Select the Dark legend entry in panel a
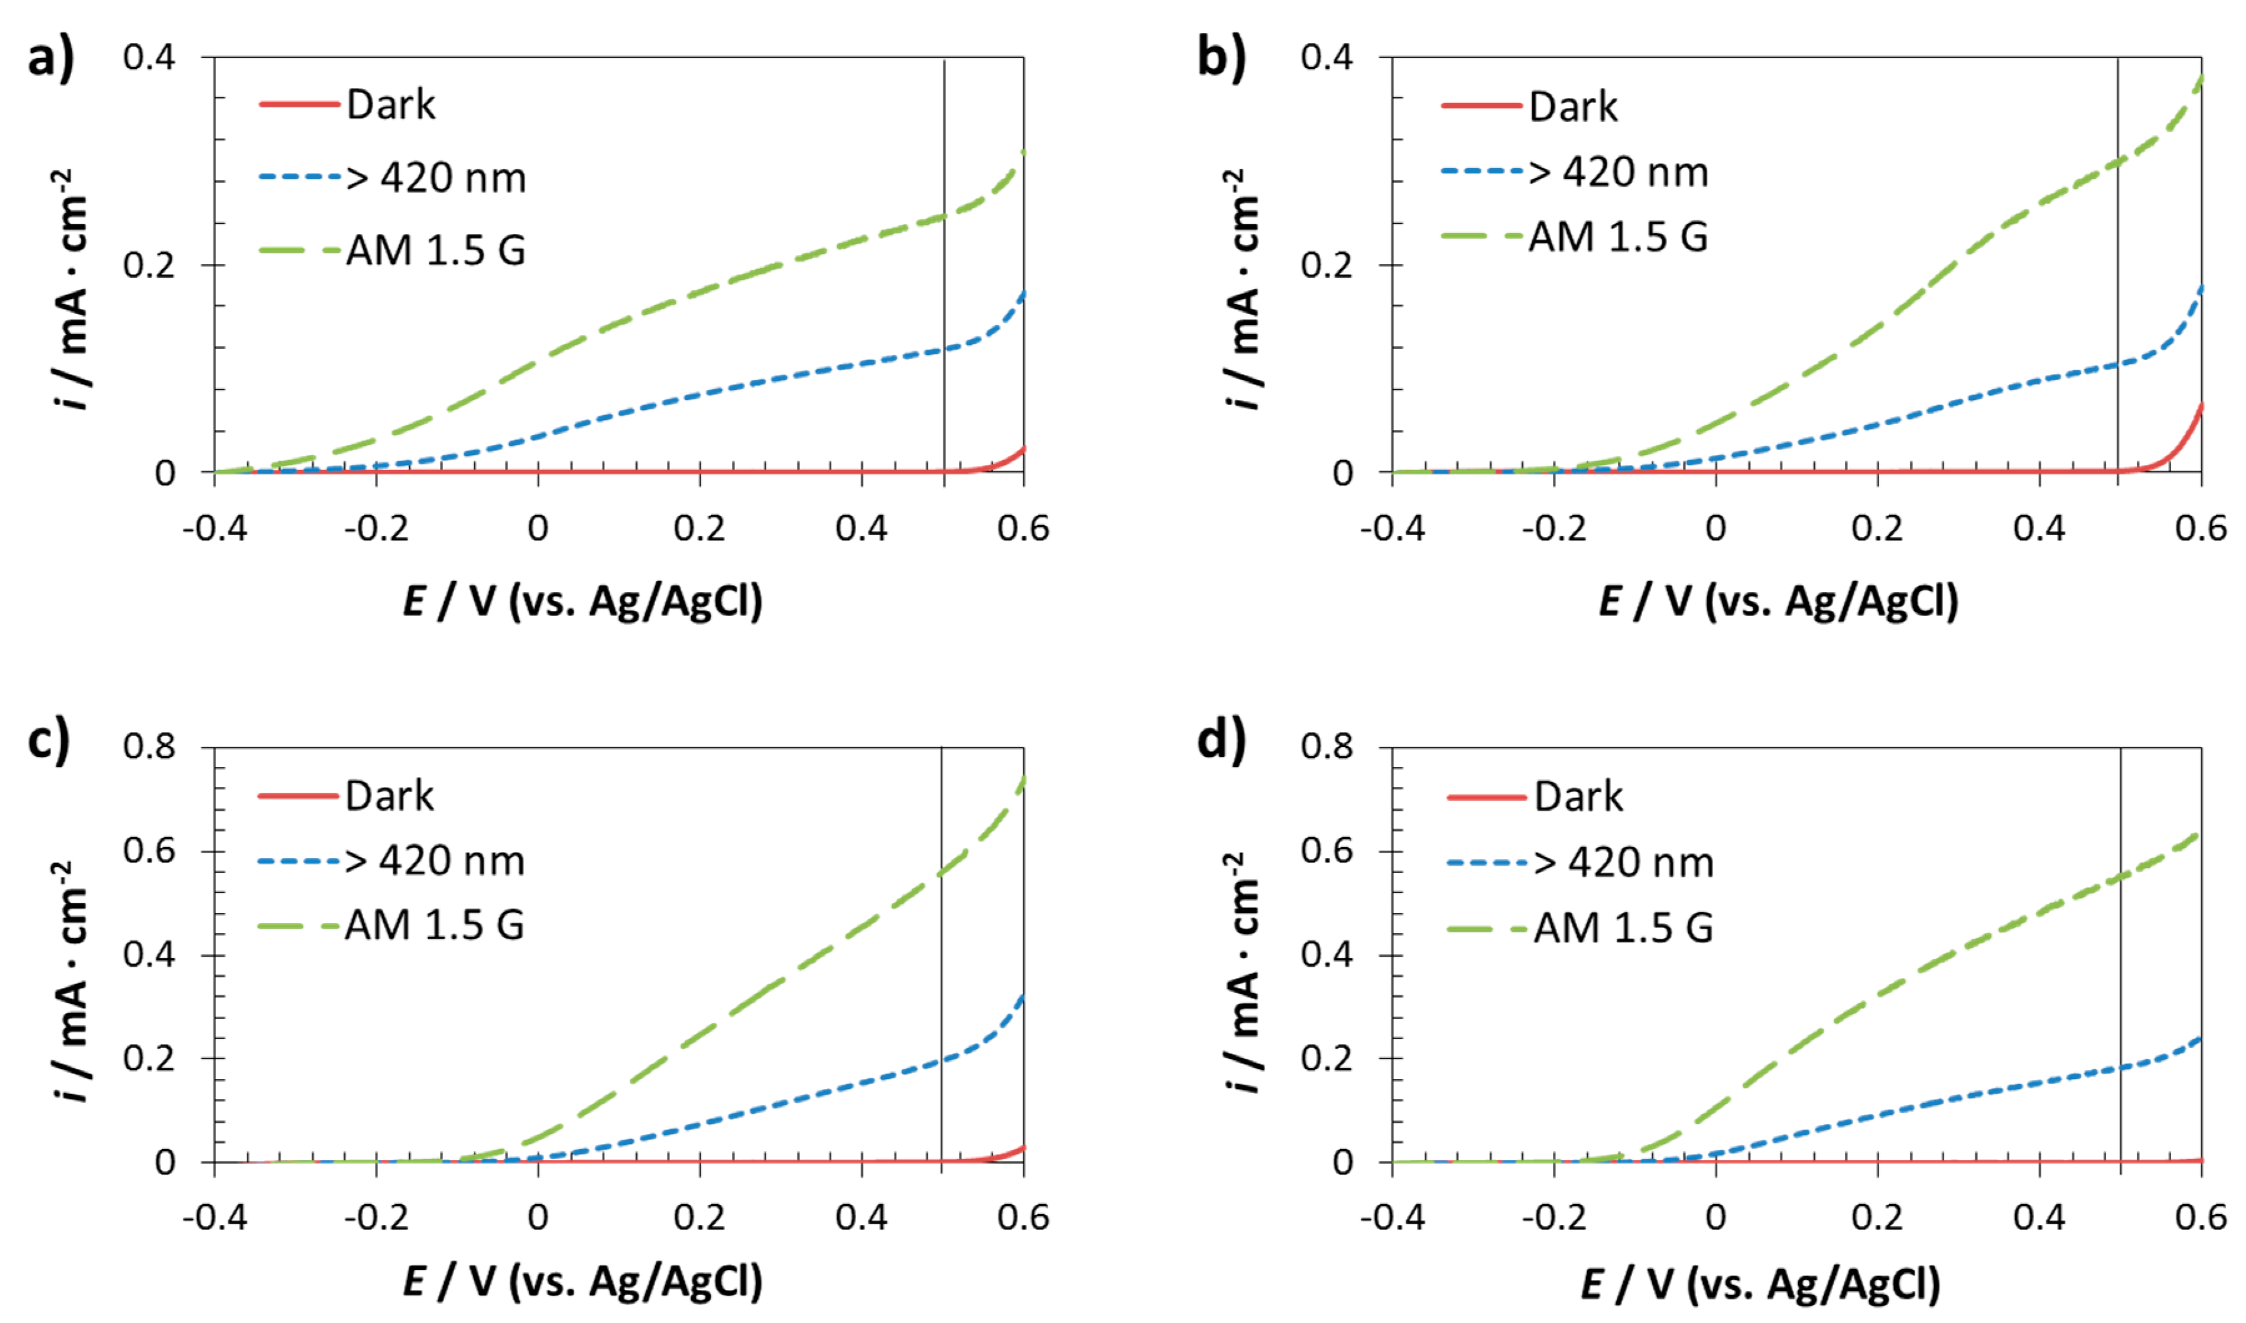click(391, 105)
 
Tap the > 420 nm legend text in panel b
click(1618, 172)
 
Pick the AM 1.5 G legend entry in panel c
click(434, 925)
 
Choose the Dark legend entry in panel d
click(1578, 796)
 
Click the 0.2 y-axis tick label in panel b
click(1326, 265)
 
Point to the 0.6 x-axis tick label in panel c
click(1023, 1217)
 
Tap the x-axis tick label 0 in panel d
click(1716, 1217)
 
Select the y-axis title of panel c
click(71, 980)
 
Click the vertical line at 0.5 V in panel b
click(2119, 268)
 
